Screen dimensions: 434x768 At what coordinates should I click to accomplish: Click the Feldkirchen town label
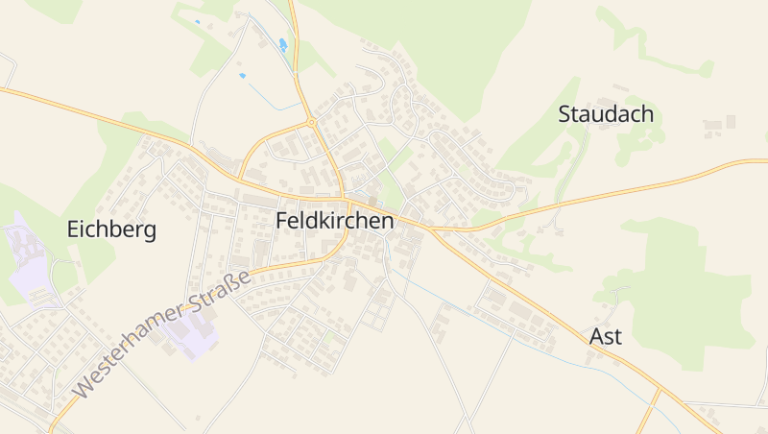(x=334, y=220)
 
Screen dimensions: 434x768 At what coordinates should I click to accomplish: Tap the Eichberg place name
(x=111, y=229)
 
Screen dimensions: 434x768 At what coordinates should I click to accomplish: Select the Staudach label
(x=606, y=114)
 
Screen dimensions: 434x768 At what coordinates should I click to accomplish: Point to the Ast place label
(x=605, y=336)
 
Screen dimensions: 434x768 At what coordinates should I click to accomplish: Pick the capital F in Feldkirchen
(x=281, y=220)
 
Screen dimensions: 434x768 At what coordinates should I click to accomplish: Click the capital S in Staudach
(x=565, y=114)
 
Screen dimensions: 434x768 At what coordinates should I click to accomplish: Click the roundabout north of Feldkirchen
(x=312, y=123)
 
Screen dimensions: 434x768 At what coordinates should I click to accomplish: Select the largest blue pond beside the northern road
(x=282, y=45)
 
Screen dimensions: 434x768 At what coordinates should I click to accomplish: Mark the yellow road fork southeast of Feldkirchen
(x=433, y=230)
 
